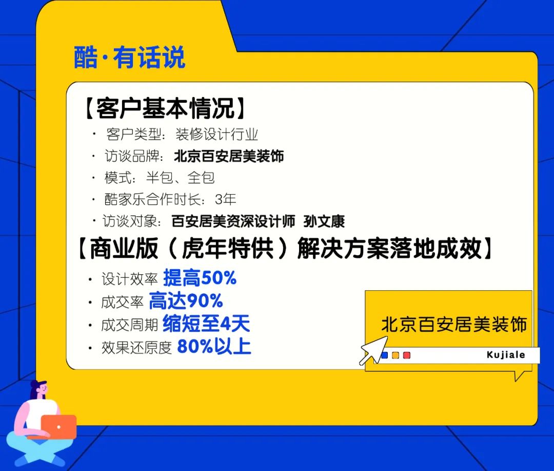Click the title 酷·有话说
coord(129,58)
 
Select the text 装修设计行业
coord(216,135)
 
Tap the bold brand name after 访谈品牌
coord(229,156)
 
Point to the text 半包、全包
coord(180,178)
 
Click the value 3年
coord(226,199)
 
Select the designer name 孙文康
coord(324,221)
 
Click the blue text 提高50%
coord(200,278)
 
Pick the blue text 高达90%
coord(186,301)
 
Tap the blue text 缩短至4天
coord(206,324)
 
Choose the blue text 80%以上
coord(214,347)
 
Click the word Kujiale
coord(506,355)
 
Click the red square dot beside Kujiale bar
coord(407,355)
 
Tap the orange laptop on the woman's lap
coord(58,426)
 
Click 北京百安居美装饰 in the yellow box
coord(454,325)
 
